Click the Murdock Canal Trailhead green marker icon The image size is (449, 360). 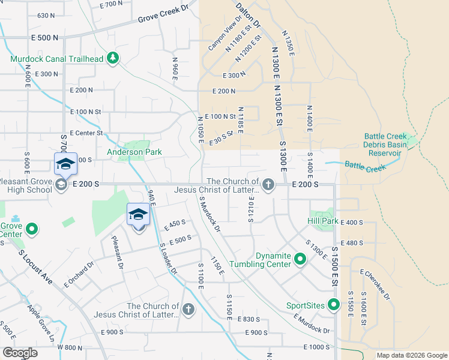click(x=112, y=59)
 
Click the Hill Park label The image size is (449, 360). click(x=323, y=221)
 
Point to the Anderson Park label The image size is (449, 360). click(x=134, y=152)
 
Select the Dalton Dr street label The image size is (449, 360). click(x=248, y=14)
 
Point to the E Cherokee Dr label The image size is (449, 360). click(x=375, y=284)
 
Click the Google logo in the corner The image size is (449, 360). click(x=19, y=353)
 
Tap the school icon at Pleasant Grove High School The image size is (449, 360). click(x=61, y=185)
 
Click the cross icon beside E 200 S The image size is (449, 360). click(x=268, y=185)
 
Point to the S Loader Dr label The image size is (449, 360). click(x=169, y=258)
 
